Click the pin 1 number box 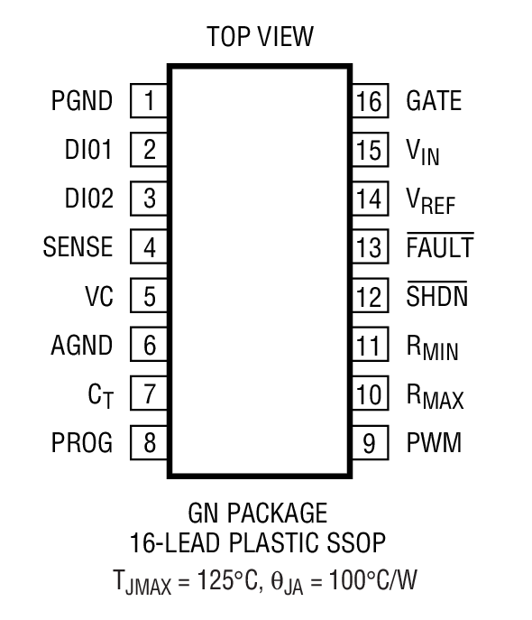click(x=150, y=100)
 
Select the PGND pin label click(x=82, y=101)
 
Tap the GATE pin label click(x=434, y=101)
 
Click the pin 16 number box click(x=368, y=101)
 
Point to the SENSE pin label click(x=78, y=247)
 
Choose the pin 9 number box click(x=368, y=443)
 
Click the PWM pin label click(x=434, y=443)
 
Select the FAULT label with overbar click(x=440, y=247)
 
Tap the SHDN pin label click(x=437, y=296)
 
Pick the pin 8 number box click(x=150, y=443)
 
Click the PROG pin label click(x=82, y=443)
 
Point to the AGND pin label click(x=82, y=345)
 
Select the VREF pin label click(x=430, y=200)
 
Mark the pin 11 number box click(x=368, y=345)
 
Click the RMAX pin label click(x=435, y=395)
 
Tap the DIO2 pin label click(x=89, y=199)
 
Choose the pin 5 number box click(x=150, y=296)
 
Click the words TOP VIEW click(x=260, y=37)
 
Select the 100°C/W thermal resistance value click(x=373, y=578)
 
